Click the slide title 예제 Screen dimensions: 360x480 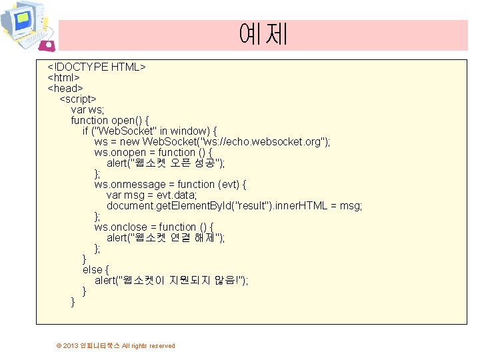[x=263, y=33]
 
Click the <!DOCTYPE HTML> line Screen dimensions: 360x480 [x=96, y=67]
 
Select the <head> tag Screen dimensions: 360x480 [x=65, y=88]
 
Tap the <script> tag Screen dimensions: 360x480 [x=78, y=99]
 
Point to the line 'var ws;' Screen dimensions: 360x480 [x=87, y=109]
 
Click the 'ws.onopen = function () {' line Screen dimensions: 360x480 [x=153, y=152]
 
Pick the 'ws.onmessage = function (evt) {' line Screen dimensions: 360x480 [x=170, y=184]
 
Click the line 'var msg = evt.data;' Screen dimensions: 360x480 [x=151, y=195]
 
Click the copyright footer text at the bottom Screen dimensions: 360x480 [x=116, y=345]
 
